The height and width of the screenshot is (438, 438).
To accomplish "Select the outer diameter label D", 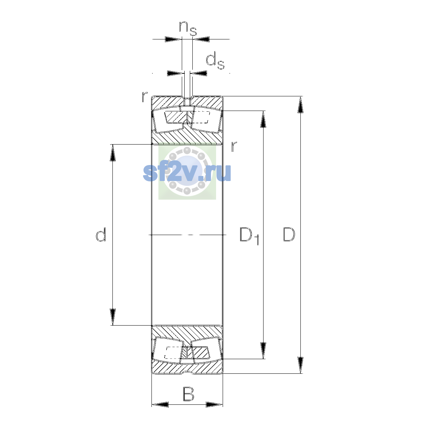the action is tap(289, 234).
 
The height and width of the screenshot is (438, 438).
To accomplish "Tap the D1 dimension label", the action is tap(249, 236).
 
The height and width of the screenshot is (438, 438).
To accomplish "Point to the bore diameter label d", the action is tap(101, 234).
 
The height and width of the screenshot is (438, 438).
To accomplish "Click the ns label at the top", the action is tap(188, 28).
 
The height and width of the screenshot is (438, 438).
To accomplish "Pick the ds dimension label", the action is tap(215, 61).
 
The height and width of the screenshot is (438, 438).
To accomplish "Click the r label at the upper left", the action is tap(145, 97).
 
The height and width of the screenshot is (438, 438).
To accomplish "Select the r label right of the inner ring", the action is tap(234, 146).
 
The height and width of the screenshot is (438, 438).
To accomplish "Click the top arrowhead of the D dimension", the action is tap(300, 104).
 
